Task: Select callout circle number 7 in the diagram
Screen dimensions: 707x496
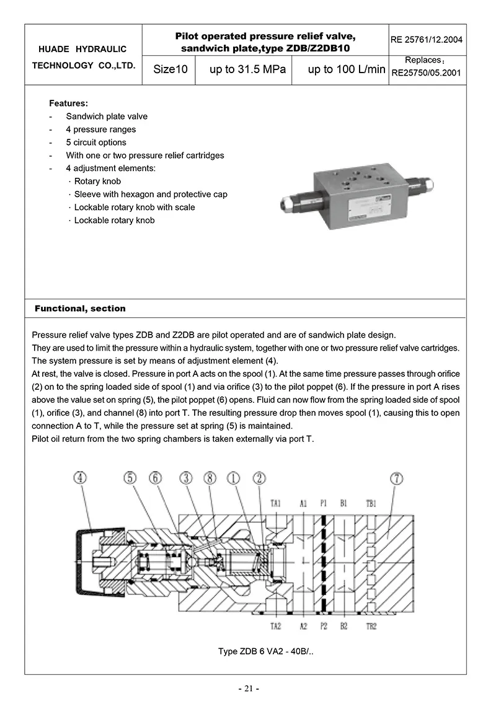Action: (397, 478)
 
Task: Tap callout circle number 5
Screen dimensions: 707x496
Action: (130, 478)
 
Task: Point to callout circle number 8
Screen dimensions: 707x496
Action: (210, 478)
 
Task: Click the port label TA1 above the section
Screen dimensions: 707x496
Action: (276, 504)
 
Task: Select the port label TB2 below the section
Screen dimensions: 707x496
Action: (371, 626)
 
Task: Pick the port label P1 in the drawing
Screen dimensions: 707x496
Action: (324, 504)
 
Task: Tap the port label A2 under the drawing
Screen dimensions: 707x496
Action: (303, 626)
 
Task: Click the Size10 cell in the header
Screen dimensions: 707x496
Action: (170, 69)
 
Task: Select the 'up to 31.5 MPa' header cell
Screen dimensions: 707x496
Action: (247, 69)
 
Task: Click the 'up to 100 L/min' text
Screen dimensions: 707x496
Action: (347, 69)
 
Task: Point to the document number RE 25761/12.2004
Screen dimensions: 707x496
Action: (427, 40)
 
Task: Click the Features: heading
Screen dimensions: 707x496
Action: (68, 103)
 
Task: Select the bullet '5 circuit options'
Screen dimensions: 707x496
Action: (96, 143)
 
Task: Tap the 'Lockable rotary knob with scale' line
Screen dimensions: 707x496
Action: (134, 208)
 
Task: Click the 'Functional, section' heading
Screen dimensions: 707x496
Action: (80, 309)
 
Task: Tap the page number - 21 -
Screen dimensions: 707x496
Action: (248, 689)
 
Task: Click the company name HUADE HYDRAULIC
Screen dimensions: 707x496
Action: (82, 49)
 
